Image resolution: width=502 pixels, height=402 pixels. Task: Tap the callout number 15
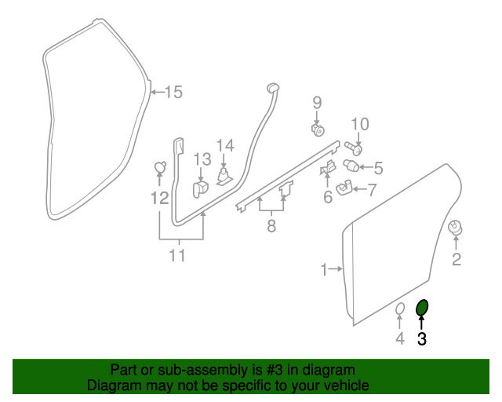pos(173,93)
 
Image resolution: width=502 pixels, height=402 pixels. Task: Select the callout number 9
pos(318,102)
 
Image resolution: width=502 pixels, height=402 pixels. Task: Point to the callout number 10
pos(359,123)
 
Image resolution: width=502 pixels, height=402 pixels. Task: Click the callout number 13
pos(202,159)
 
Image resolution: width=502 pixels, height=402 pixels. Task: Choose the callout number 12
pos(160,198)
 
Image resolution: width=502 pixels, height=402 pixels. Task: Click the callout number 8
pos(271,227)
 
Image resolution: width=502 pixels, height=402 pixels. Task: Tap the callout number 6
pos(328,197)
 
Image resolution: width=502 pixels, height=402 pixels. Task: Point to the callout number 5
pos(377,167)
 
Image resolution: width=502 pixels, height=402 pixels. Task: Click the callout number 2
pos(455,258)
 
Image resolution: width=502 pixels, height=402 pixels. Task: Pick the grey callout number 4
pos(399,338)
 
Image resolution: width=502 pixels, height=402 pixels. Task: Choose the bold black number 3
pos(422,339)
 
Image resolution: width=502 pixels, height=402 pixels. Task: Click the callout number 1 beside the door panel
pos(324,270)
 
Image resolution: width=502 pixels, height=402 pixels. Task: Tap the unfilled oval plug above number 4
pos(398,309)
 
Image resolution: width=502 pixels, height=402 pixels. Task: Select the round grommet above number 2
pos(454,227)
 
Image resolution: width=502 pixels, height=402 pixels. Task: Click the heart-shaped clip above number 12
pos(159,166)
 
